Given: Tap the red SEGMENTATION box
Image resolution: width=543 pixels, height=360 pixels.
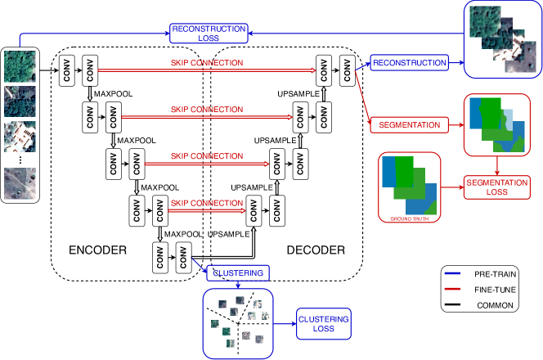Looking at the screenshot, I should click(x=411, y=125).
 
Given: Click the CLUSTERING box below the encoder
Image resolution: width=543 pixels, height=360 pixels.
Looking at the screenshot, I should click(x=238, y=272).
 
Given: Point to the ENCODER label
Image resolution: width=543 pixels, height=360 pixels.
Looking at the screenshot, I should click(x=97, y=249).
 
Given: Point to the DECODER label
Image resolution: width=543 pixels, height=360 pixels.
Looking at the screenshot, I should click(x=316, y=249).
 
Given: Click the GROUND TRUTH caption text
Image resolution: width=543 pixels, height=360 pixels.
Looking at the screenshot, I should click(x=410, y=218).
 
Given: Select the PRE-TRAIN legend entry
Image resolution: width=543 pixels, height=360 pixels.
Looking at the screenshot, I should click(x=494, y=275).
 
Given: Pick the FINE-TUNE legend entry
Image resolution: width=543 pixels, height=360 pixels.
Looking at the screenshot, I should click(x=494, y=290).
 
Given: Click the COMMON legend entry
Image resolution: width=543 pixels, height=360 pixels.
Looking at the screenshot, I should click(x=494, y=304).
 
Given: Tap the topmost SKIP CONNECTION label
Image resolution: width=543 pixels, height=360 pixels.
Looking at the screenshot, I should click(x=200, y=62).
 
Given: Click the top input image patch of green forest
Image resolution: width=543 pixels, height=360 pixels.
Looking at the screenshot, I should click(x=20, y=65).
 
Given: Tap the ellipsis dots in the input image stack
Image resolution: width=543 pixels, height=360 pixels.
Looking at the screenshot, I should click(x=20, y=160).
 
